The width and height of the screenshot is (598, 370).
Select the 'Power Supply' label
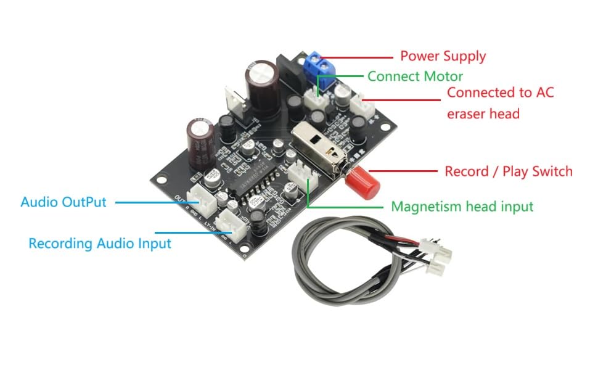(443, 56)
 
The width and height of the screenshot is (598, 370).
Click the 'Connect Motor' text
(414, 76)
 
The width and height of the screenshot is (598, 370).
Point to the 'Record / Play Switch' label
(508, 171)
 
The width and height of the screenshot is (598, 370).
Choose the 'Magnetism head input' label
(462, 207)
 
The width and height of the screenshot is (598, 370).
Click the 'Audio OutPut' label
(63, 202)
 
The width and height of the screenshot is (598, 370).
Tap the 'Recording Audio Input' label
(99, 244)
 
